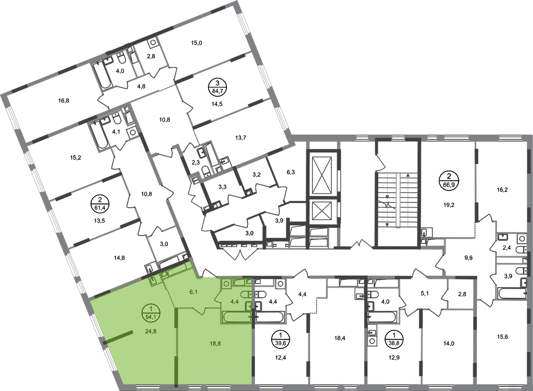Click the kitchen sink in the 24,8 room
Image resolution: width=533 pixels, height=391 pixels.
pyautogui.click(x=152, y=281)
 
